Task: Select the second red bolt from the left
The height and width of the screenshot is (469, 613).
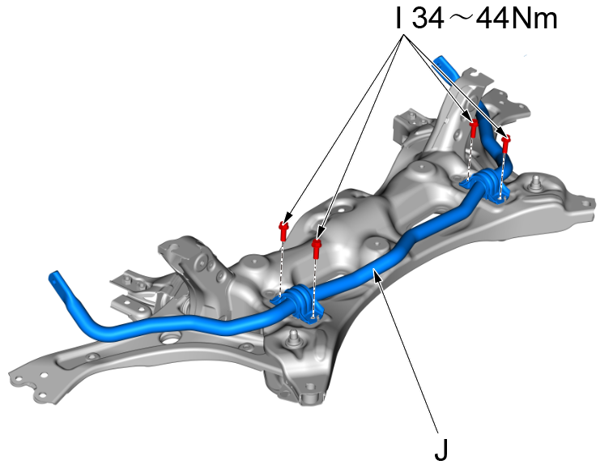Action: (x=317, y=247)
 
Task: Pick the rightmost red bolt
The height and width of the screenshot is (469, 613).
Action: (x=506, y=145)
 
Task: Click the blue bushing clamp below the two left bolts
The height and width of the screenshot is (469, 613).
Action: (x=299, y=301)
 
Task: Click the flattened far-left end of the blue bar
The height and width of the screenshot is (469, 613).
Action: (x=58, y=284)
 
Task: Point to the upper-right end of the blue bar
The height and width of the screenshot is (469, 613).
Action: (x=442, y=62)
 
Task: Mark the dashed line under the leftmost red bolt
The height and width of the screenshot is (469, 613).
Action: (x=282, y=267)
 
